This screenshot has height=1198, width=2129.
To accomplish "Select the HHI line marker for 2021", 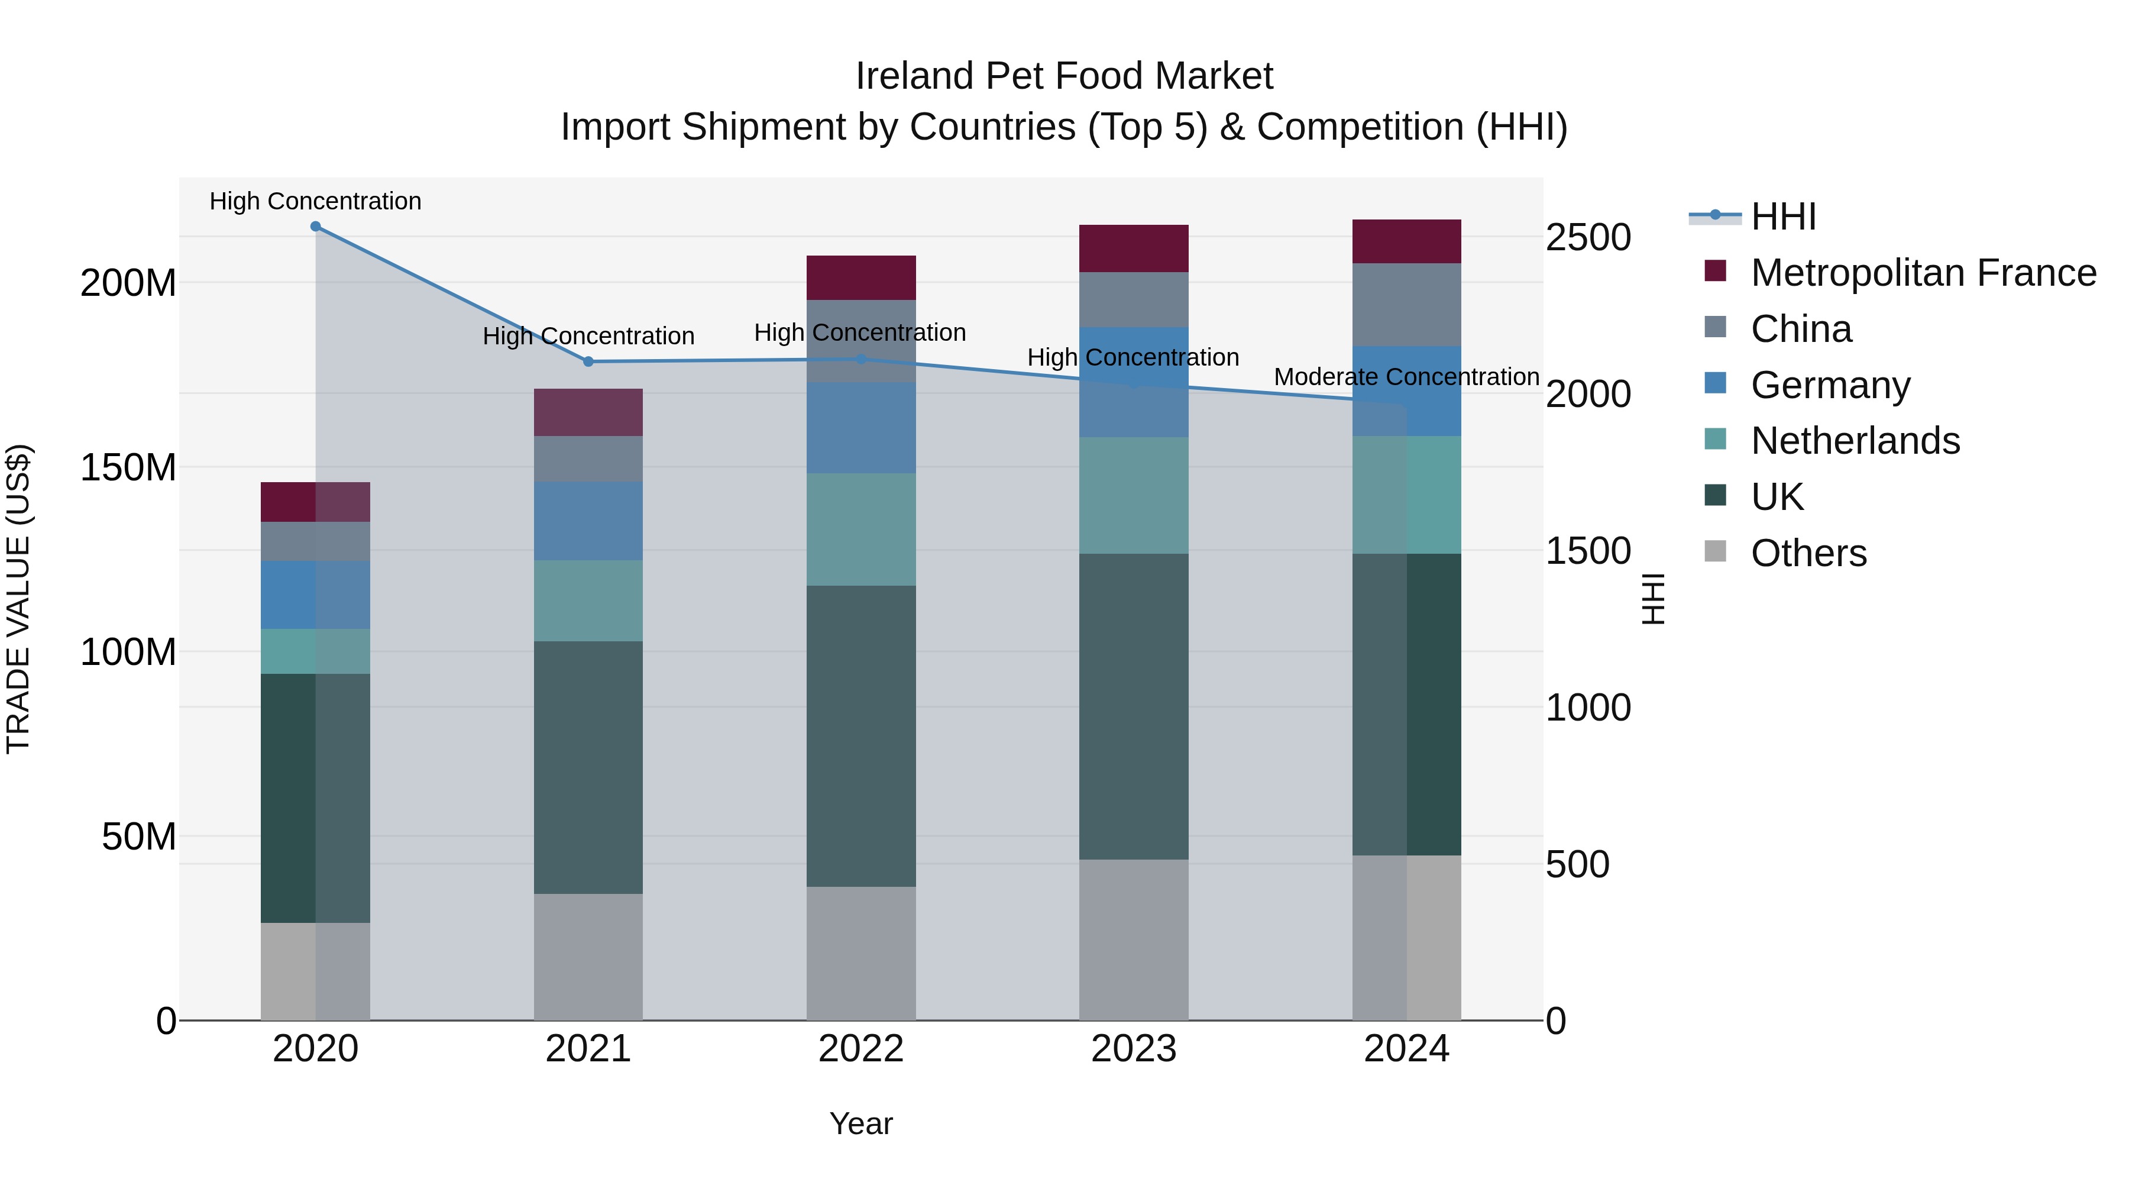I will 588,361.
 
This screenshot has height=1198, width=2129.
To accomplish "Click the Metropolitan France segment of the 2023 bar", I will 1133,248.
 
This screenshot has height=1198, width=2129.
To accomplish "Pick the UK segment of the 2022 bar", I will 860,736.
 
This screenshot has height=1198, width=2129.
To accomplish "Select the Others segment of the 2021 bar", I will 588,957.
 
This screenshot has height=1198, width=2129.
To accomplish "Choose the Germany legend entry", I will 1830,385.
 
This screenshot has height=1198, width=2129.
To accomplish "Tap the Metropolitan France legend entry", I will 1923,273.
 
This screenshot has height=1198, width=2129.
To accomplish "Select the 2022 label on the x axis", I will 860,1049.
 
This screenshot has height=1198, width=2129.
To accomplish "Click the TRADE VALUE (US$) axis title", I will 18,599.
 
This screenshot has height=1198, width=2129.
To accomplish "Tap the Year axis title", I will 860,1123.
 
